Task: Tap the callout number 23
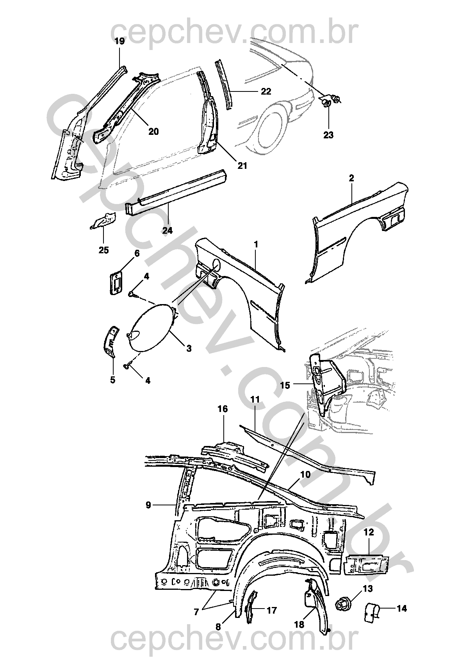coord(328,135)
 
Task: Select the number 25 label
coord(103,250)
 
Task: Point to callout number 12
coord(369,532)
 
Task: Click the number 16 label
coord(223,409)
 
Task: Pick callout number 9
coord(148,505)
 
